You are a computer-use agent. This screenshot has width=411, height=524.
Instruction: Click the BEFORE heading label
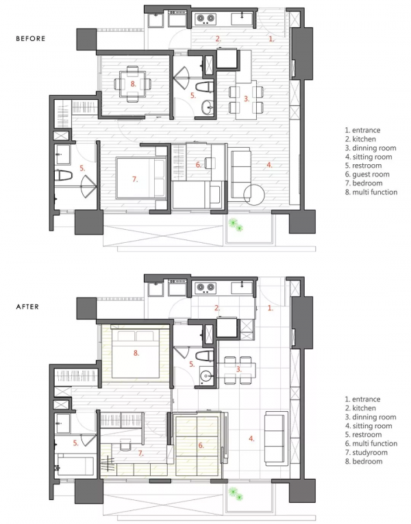click(x=30, y=38)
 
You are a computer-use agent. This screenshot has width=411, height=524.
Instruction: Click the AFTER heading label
click(x=27, y=306)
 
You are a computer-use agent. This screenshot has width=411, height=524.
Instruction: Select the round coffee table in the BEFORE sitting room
click(x=254, y=194)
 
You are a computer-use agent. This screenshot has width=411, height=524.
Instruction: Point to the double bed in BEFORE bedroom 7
click(x=141, y=179)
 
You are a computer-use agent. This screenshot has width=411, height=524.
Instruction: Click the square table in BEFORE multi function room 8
click(x=133, y=84)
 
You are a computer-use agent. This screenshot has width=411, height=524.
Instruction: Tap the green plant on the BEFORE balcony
click(x=236, y=225)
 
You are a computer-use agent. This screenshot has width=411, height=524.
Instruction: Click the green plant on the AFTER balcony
click(x=236, y=495)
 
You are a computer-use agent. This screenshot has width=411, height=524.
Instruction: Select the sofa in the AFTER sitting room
click(x=276, y=438)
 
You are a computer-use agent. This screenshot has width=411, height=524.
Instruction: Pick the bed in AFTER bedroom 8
click(x=136, y=354)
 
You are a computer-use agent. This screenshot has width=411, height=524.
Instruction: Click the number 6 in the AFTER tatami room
click(x=201, y=445)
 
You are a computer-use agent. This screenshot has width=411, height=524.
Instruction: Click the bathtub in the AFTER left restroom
click(x=75, y=464)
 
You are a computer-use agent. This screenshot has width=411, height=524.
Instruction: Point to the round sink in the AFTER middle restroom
click(x=206, y=376)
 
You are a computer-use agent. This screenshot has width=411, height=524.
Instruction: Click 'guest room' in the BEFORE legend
click(x=371, y=174)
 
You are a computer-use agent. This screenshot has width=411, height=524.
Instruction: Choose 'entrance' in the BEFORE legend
click(x=366, y=130)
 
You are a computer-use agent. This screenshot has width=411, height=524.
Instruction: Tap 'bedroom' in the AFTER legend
click(x=367, y=461)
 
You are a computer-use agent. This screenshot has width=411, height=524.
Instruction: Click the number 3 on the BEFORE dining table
click(x=247, y=99)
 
